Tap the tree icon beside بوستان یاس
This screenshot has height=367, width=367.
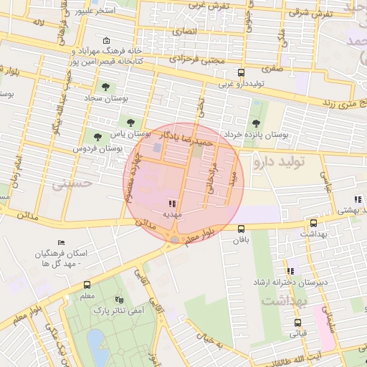(x=130, y=123)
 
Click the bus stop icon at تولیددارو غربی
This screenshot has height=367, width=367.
(x=241, y=72)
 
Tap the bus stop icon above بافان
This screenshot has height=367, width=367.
(x=240, y=229)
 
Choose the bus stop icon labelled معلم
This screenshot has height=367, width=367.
(x=87, y=285)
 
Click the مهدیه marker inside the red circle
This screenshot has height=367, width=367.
(x=172, y=204)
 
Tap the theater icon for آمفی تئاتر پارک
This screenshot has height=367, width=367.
(x=119, y=300)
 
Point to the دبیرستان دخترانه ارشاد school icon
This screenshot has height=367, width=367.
(x=290, y=271)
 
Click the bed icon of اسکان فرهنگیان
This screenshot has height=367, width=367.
(x=62, y=242)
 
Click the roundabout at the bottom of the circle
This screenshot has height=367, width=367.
(x=175, y=239)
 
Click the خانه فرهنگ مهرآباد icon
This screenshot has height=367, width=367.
(x=107, y=40)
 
